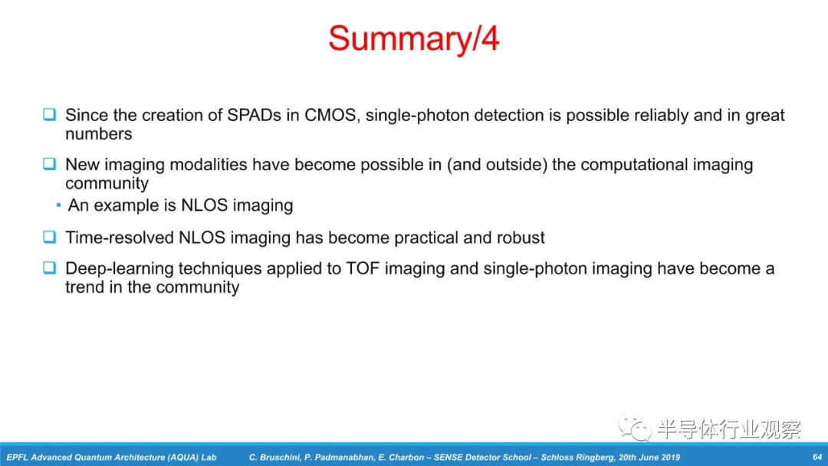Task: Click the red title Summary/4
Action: pos(413,39)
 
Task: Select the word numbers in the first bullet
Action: pos(99,134)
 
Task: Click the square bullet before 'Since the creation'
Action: pos(50,114)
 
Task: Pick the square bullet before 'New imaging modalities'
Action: pos(50,163)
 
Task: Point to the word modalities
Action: pos(209,165)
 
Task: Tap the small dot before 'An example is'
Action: pos(58,205)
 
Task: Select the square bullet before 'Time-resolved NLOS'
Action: pos(50,237)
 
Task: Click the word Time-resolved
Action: pos(120,238)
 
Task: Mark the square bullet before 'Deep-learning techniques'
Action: pos(50,267)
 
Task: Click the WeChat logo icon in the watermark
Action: pos(636,428)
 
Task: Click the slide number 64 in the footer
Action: pos(817,457)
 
